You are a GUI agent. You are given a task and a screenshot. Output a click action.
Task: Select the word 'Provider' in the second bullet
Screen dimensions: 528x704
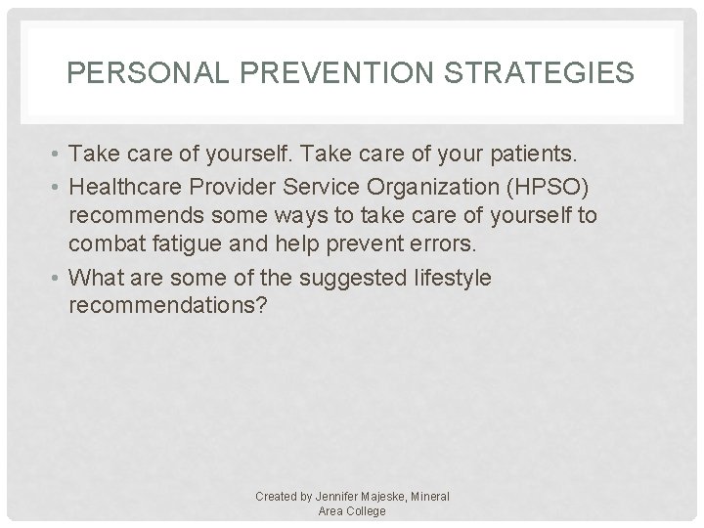256,186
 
